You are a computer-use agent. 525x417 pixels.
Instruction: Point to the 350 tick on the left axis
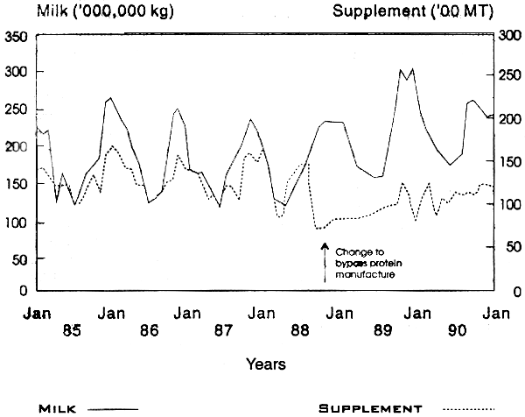(17, 38)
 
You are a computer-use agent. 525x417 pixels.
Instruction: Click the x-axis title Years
(264, 363)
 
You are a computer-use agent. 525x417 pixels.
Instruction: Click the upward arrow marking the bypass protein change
(325, 261)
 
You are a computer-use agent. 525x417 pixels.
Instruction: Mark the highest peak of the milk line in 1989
(411, 68)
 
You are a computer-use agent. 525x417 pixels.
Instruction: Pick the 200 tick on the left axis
(17, 148)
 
